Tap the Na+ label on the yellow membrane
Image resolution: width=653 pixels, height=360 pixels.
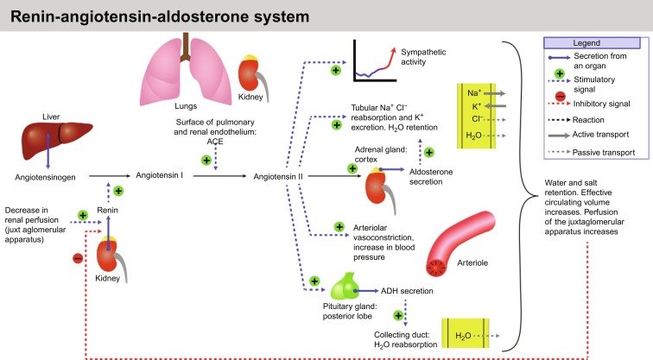click(x=473, y=91)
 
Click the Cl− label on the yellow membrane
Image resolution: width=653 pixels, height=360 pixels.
click(x=473, y=120)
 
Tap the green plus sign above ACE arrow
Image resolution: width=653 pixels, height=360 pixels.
click(x=206, y=161)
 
